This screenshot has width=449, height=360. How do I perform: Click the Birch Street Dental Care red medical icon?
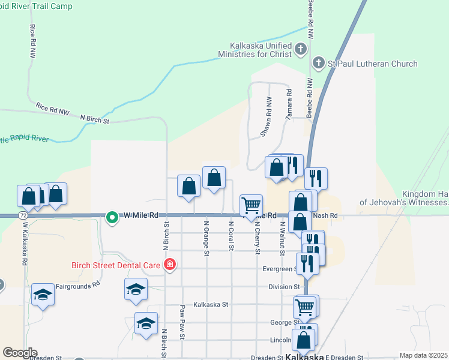170,264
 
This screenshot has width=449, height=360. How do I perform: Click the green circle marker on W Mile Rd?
112,217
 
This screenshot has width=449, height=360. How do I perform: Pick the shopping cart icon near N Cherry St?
251,205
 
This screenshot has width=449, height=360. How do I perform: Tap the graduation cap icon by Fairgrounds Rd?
43,294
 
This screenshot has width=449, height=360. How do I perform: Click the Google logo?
20,353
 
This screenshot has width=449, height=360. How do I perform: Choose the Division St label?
284,287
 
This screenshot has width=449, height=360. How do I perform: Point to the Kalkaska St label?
211,305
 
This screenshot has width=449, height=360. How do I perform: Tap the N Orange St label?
206,238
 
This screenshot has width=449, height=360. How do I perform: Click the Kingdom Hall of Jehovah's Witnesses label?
404,199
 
